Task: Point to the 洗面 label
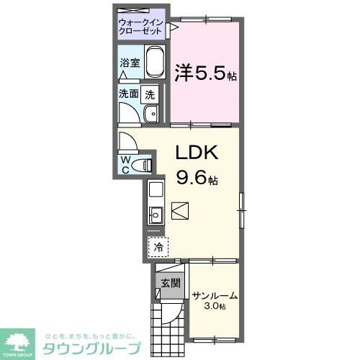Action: tap(128, 94)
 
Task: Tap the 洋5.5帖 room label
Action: tap(205, 73)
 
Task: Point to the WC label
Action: tap(125, 164)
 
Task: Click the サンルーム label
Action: tap(214, 295)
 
